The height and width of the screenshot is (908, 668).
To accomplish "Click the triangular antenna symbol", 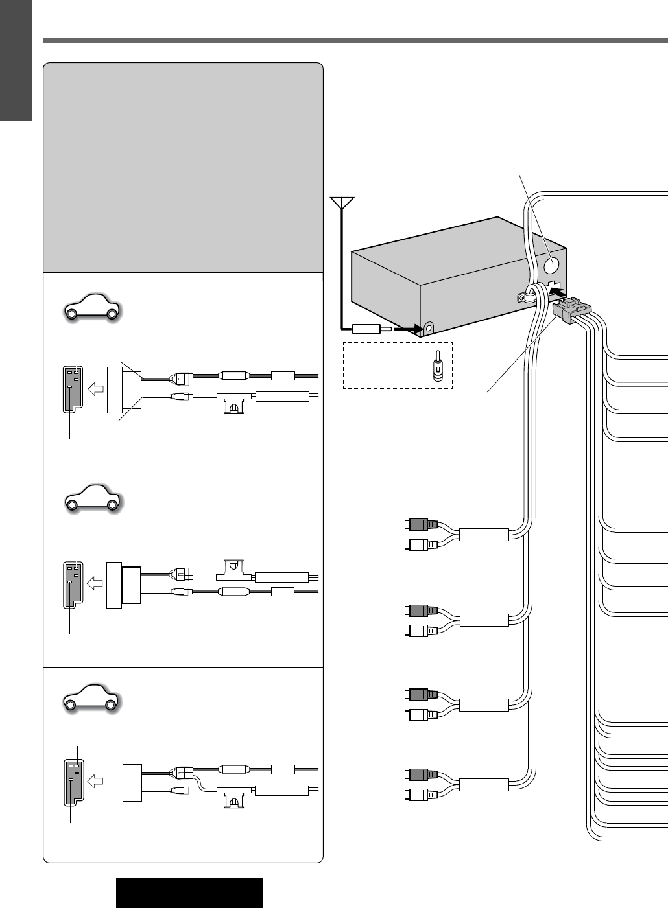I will pyautogui.click(x=341, y=202).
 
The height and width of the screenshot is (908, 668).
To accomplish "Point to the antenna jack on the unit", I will pyautogui.click(x=428, y=329).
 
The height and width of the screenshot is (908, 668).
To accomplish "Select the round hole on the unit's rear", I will pyautogui.click(x=552, y=264).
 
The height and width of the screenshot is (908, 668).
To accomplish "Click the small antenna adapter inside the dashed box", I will pyautogui.click(x=438, y=367).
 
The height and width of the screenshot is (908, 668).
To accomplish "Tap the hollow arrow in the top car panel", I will pyautogui.click(x=95, y=389).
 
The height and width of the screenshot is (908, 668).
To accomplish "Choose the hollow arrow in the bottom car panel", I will pyautogui.click(x=95, y=781).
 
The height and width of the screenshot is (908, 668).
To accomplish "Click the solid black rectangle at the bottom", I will pyautogui.click(x=189, y=893).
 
